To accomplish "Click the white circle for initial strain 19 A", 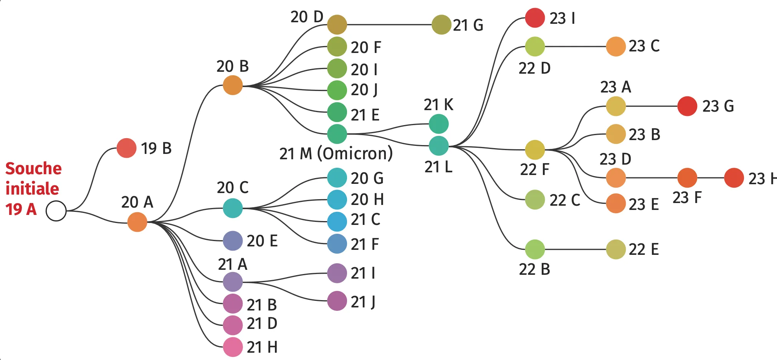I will [56, 211].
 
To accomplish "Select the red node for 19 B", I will [126, 148].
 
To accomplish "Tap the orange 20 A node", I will [137, 222].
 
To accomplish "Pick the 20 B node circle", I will [233, 85].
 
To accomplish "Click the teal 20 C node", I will [233, 208].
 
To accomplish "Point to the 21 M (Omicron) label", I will [336, 154].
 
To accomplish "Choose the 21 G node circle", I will [441, 25].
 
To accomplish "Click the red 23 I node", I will [535, 18].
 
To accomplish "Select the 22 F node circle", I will [535, 150].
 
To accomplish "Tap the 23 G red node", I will [687, 106].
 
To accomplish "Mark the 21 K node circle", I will [438, 124].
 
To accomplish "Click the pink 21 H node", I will [233, 347].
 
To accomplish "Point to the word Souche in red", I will [33, 168].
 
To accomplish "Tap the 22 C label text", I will [564, 200].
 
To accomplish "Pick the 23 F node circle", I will [687, 178].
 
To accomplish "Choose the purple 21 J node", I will [337, 301].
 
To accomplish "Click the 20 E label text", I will [262, 241].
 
